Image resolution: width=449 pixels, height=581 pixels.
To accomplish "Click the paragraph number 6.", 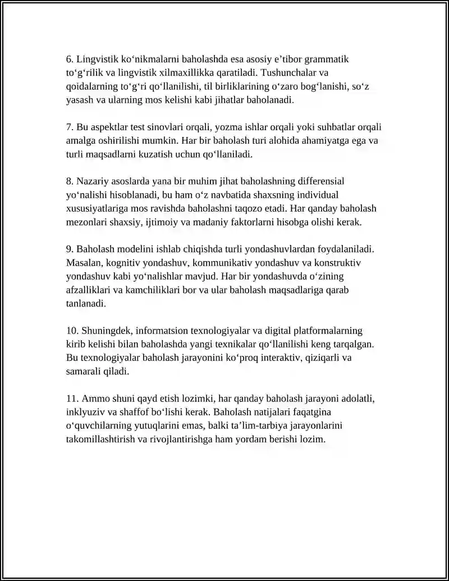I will tap(70, 59).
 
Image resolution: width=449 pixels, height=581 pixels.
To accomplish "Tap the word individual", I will tap(310, 195).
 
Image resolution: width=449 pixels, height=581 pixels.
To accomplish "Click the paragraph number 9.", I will tap(70, 249).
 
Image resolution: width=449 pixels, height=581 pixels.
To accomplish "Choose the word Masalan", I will tap(83, 263).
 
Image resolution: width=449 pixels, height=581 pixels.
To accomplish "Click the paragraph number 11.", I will tap(72, 399).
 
